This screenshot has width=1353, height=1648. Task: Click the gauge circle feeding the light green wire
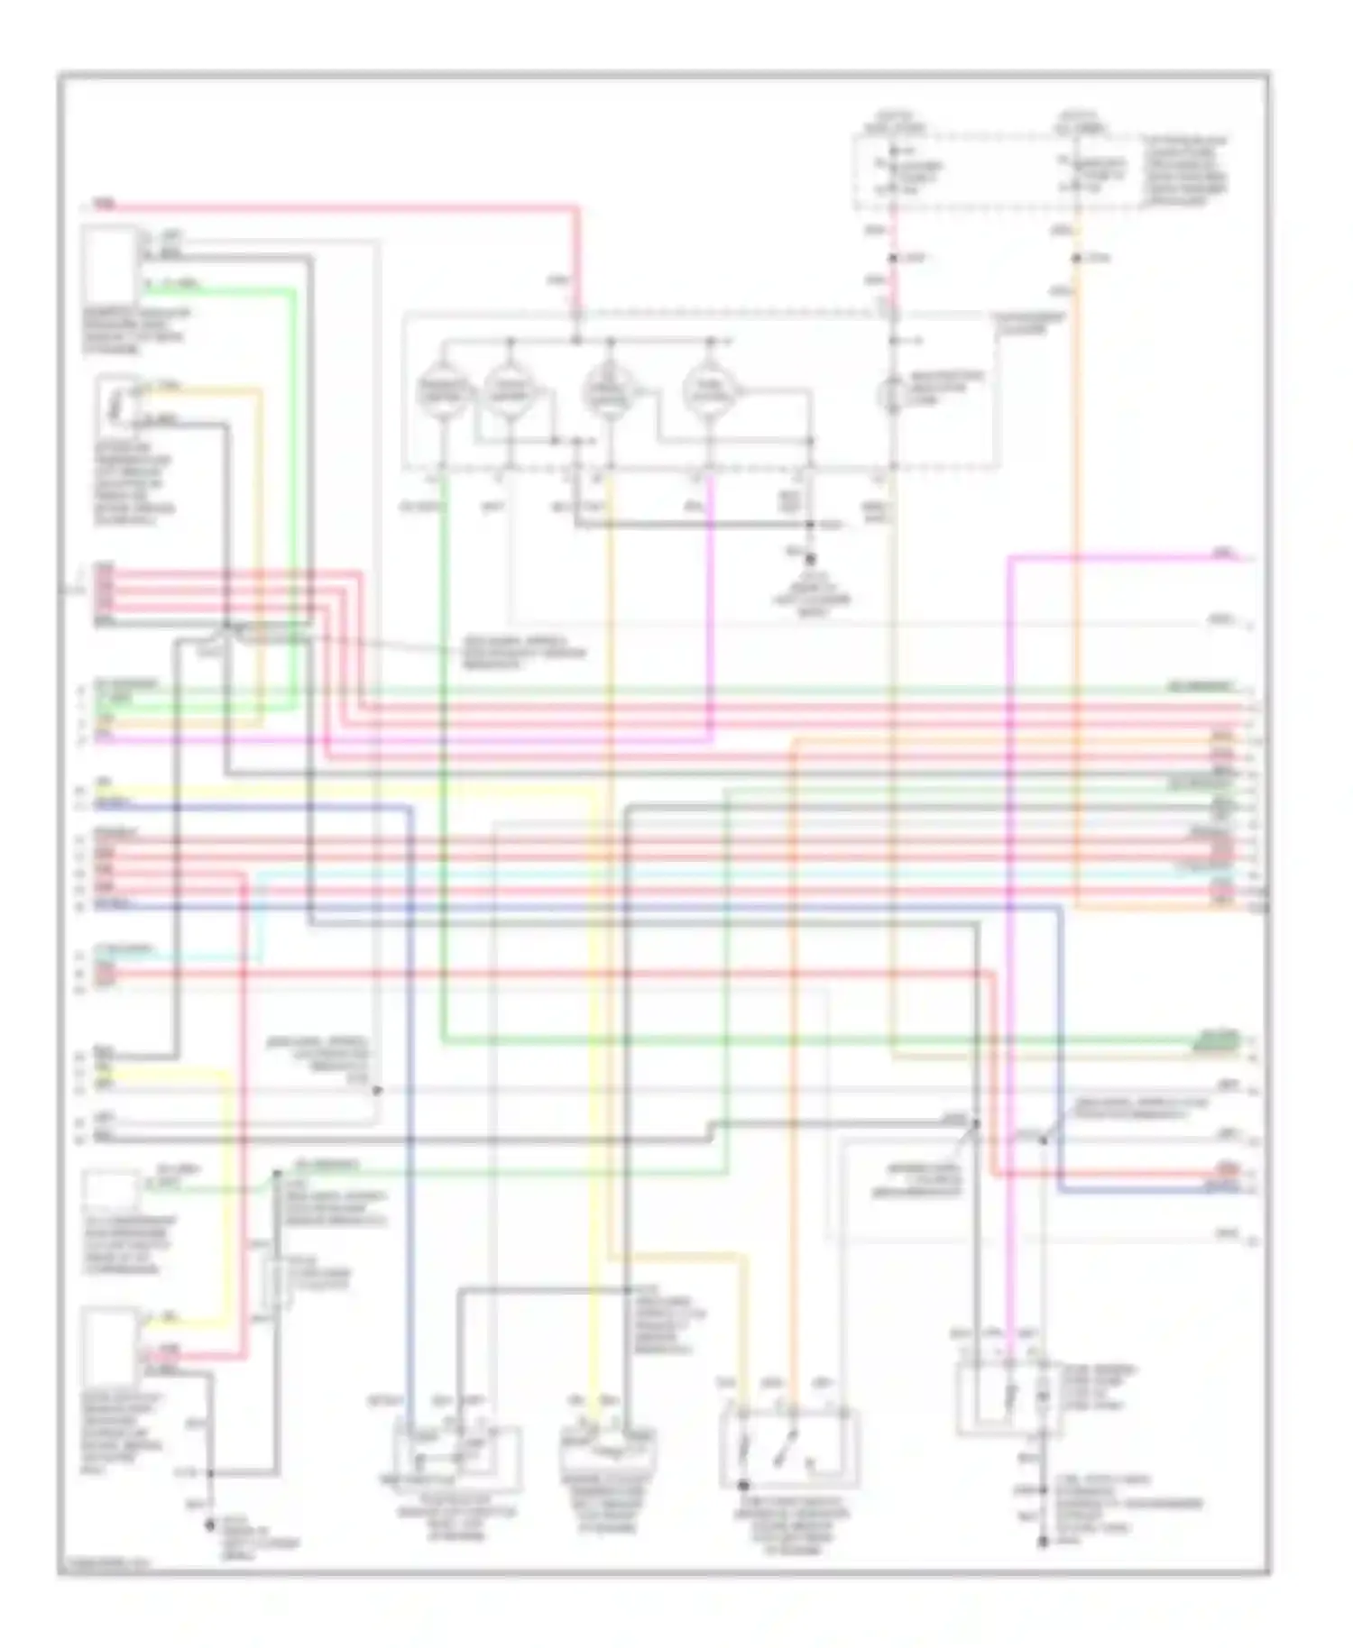(x=444, y=391)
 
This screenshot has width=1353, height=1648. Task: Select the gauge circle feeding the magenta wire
(x=710, y=391)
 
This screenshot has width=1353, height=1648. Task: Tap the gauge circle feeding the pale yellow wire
(x=609, y=391)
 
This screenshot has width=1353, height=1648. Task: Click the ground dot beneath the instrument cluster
(x=810, y=560)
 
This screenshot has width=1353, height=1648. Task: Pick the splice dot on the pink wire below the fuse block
(x=892, y=259)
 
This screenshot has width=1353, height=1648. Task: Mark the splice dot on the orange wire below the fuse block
(x=1076, y=259)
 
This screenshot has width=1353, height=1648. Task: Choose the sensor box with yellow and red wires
(x=110, y=1347)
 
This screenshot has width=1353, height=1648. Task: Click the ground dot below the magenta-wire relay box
(x=1043, y=1543)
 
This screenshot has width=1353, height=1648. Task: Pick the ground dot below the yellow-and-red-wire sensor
(x=210, y=1524)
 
